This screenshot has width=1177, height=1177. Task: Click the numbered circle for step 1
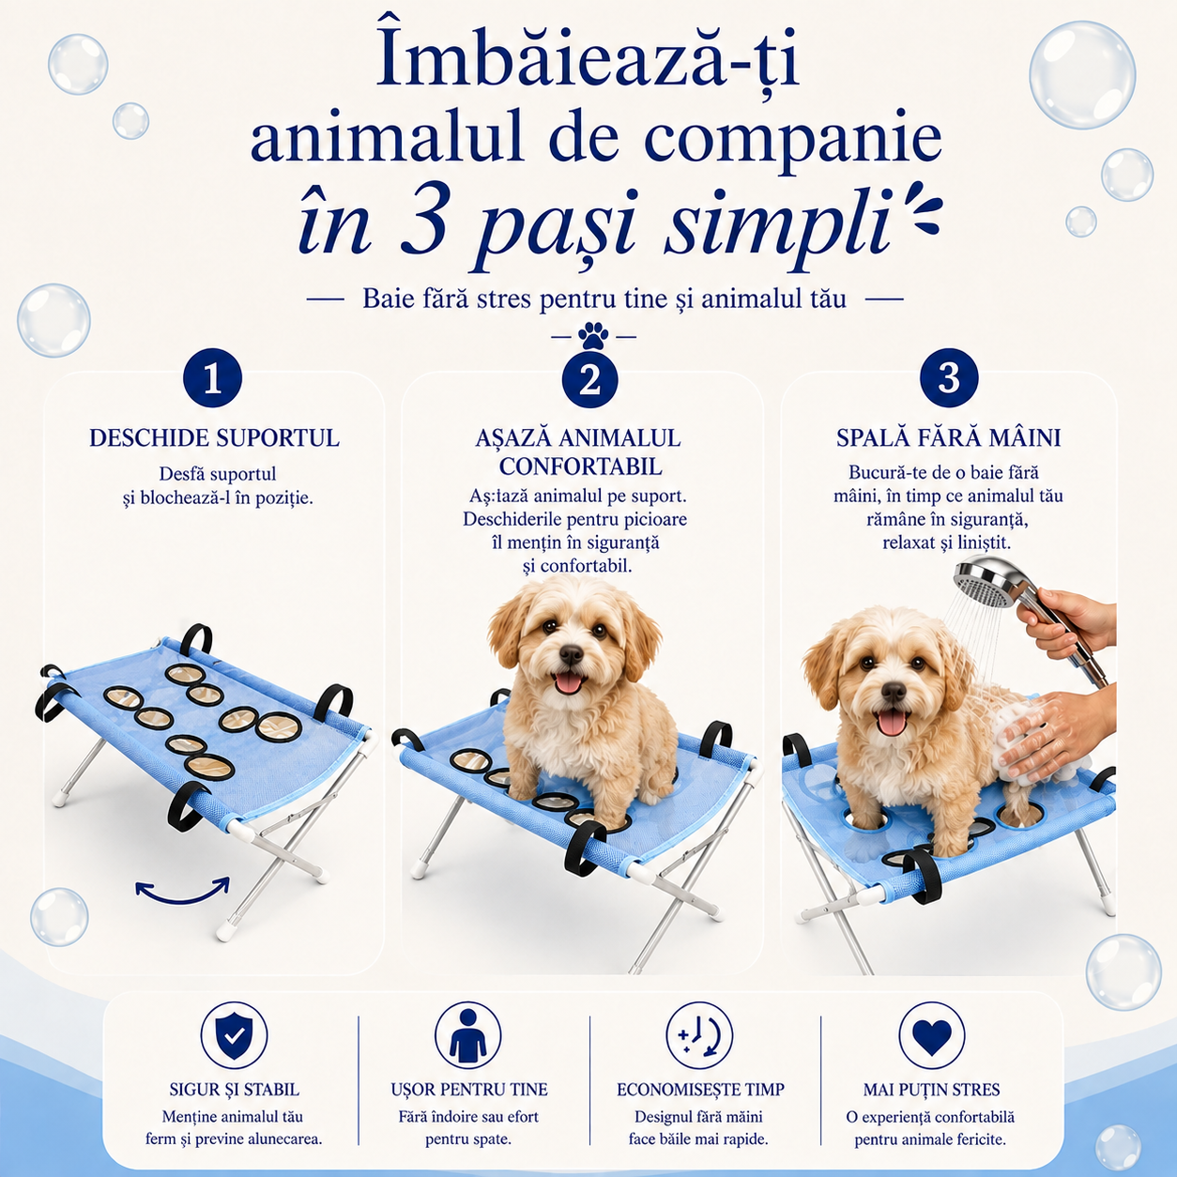click(x=212, y=378)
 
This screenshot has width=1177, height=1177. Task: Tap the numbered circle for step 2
click(x=590, y=379)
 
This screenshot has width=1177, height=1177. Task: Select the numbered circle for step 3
click(x=949, y=377)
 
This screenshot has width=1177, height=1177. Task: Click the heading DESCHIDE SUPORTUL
click(x=214, y=438)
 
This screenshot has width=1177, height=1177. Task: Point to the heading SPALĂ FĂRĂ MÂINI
click(x=948, y=438)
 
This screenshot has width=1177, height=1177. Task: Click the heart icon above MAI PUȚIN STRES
click(x=931, y=1036)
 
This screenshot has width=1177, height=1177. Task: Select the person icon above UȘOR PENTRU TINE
click(x=467, y=1035)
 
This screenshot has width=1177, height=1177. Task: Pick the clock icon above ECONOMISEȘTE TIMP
click(x=700, y=1035)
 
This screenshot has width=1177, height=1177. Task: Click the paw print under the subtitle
click(x=593, y=335)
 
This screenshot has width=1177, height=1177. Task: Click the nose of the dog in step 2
click(x=571, y=655)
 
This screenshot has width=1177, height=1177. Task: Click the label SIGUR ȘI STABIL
click(x=234, y=1089)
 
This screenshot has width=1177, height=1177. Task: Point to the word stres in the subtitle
click(x=494, y=299)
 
